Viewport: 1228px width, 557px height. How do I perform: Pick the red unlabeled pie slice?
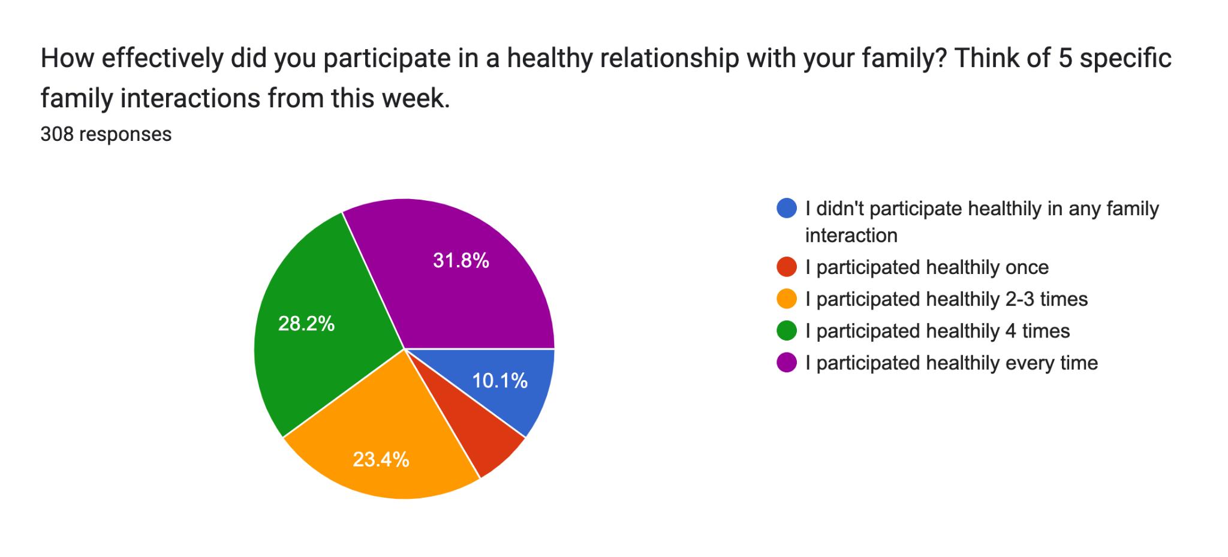480,432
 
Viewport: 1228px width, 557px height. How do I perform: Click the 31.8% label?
461,261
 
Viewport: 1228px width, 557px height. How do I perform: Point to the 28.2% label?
306,324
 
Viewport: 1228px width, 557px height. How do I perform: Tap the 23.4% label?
381,460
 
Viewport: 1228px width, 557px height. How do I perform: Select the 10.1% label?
500,381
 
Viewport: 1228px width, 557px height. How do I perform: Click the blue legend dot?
786,208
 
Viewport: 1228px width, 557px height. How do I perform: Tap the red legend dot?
786,267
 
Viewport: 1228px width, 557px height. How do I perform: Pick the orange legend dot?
786,299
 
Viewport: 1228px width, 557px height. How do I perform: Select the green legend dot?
786,330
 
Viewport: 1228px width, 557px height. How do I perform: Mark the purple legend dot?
786,363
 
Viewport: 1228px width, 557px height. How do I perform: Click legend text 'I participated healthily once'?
927,267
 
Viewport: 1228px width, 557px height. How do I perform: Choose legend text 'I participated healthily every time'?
952,363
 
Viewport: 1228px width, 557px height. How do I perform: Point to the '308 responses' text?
106,134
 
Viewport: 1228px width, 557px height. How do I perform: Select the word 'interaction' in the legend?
851,236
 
